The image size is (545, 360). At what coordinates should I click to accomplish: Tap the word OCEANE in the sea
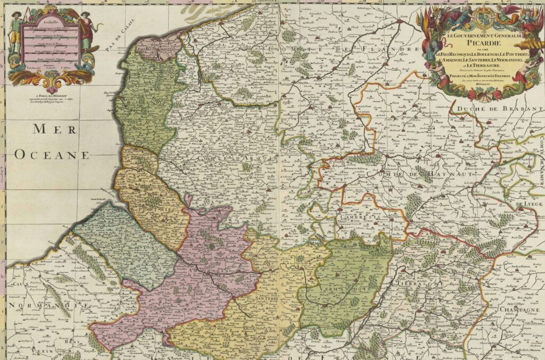pyautogui.click(x=52, y=155)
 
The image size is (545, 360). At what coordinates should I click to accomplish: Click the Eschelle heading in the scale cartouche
pyautogui.click(x=51, y=22)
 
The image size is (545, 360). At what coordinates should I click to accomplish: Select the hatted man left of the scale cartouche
pyautogui.click(x=16, y=32)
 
